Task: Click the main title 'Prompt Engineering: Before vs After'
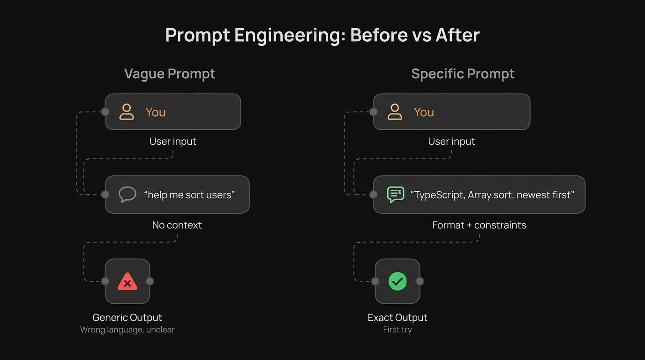point(322,36)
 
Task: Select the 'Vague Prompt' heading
point(170,74)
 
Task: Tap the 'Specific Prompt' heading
point(463,74)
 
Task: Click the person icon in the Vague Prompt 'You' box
point(127,112)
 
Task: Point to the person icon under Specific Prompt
point(395,112)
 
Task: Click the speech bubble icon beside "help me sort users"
point(127,195)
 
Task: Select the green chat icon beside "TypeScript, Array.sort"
point(395,195)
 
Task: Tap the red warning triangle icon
point(127,282)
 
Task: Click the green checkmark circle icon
point(397,281)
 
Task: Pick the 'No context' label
point(177,225)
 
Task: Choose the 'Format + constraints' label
point(479,225)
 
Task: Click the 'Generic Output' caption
point(127,317)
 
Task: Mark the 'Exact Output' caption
point(397,317)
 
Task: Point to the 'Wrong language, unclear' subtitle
point(127,330)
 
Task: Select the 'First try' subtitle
point(397,330)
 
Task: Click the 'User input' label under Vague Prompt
point(172,142)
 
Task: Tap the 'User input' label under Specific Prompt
point(451,142)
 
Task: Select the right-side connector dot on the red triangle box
point(150,281)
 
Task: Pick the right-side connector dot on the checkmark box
point(420,281)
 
